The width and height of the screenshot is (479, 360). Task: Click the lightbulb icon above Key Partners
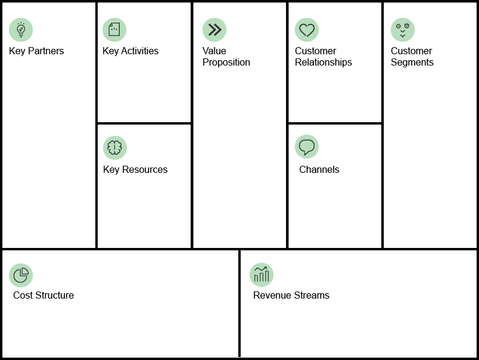[x=21, y=30]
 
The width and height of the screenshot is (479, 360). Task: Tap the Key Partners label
[x=36, y=51]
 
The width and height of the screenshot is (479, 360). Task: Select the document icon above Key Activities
[x=114, y=30]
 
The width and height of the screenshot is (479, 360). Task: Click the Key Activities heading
[x=130, y=51]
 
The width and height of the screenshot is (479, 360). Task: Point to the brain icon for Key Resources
[x=115, y=148]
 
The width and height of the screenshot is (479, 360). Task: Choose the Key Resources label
[x=135, y=170]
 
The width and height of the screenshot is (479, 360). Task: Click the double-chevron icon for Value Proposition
[x=214, y=30]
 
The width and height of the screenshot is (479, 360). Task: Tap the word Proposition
[x=226, y=63]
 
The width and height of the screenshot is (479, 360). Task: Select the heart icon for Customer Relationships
[x=307, y=30]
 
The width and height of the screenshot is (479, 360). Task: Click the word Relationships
[x=324, y=63]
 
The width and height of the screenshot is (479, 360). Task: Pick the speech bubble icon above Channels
[x=307, y=147]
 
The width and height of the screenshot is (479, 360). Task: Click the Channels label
[x=319, y=170]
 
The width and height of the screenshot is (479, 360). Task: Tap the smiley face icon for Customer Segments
[x=403, y=30]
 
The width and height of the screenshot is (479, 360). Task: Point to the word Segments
[x=412, y=63]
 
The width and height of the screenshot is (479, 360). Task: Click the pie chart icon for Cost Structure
[x=21, y=275]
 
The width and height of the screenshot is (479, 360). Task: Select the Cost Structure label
[x=43, y=295]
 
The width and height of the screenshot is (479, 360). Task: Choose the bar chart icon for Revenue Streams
[x=262, y=275]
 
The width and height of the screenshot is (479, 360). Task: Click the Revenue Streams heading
[x=291, y=295]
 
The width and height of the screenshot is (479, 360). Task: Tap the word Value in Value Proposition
[x=214, y=51]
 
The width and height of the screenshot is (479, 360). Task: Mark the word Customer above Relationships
[x=315, y=51]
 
